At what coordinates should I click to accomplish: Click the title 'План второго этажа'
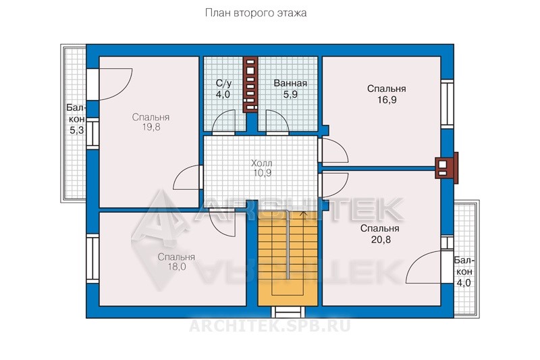click(256, 13)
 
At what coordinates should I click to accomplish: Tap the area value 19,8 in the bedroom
click(151, 127)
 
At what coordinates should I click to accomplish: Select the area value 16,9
click(387, 100)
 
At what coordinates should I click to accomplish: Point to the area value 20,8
click(381, 239)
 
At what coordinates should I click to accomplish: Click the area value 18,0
click(177, 267)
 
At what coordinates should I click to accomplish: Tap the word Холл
click(262, 163)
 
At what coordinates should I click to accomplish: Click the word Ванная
click(290, 83)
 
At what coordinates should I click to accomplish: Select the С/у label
click(223, 83)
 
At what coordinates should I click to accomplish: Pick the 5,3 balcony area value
click(77, 130)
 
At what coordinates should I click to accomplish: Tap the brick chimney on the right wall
click(447, 168)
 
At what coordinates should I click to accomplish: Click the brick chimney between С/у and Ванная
click(250, 84)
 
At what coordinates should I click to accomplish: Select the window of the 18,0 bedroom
click(92, 259)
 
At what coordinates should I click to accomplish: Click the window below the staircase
click(288, 312)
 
